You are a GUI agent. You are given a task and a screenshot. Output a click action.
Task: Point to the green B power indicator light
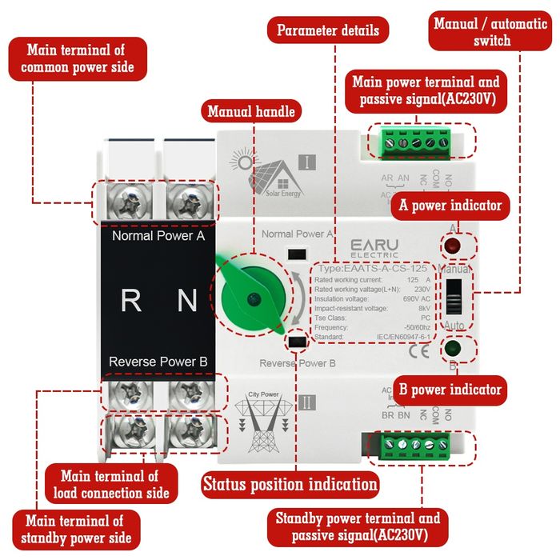453,350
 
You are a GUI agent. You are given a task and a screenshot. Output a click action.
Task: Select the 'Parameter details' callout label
328,31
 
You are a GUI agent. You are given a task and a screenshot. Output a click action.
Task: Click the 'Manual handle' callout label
251,111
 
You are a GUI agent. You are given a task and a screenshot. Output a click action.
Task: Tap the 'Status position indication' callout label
290,484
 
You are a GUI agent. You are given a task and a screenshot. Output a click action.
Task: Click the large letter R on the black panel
130,301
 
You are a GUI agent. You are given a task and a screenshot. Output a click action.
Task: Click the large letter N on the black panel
186,301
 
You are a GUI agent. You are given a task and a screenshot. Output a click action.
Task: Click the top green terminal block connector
414,142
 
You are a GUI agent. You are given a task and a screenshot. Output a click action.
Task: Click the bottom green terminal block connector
415,444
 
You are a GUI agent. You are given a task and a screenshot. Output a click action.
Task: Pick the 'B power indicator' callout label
450,390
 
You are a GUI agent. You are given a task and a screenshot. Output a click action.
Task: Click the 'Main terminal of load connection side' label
114,485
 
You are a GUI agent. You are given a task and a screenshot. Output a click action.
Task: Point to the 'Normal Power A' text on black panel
158,236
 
